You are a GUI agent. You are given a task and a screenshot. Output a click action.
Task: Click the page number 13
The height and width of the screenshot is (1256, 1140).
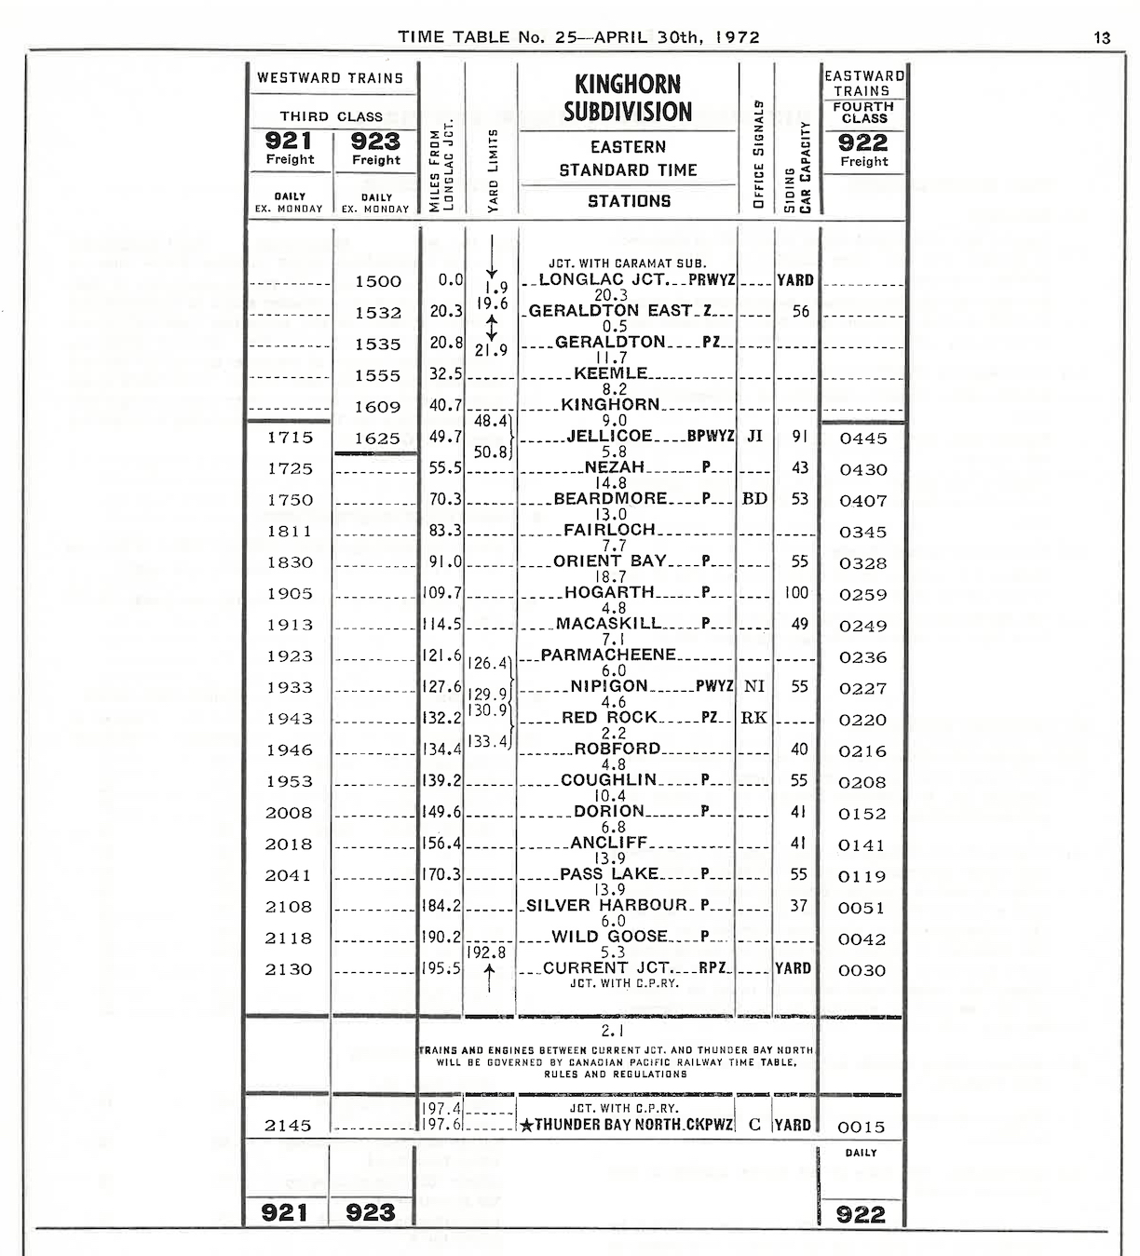(x=1103, y=38)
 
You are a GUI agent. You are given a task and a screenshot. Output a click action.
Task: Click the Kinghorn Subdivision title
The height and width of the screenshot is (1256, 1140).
(x=628, y=98)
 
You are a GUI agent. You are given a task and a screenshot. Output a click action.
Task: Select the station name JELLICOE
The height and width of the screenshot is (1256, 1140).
(x=610, y=436)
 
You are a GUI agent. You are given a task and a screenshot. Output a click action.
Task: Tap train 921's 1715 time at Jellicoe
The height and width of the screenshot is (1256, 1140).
(x=290, y=438)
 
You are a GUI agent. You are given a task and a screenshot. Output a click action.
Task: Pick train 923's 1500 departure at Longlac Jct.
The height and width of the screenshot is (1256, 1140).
(x=378, y=281)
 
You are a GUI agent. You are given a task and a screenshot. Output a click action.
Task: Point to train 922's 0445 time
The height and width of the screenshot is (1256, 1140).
(x=863, y=439)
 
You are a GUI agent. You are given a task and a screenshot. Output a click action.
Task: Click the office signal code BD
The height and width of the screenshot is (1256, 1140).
(x=754, y=499)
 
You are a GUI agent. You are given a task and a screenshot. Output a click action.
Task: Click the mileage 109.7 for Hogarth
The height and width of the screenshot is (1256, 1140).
(x=442, y=593)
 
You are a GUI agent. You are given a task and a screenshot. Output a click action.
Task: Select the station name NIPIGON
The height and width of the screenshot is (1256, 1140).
(x=609, y=686)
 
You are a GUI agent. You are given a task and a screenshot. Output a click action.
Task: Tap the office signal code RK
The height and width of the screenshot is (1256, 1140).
(x=754, y=718)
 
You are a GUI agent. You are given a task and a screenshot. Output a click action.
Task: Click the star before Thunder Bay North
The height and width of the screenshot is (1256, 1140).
(x=527, y=1126)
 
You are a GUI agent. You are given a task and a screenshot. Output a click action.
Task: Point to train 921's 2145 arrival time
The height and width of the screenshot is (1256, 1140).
(x=288, y=1126)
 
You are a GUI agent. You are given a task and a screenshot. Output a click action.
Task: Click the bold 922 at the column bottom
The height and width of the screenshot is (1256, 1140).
(x=862, y=1214)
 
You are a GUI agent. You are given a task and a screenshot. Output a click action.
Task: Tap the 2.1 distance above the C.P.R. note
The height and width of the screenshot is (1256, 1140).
(x=612, y=1031)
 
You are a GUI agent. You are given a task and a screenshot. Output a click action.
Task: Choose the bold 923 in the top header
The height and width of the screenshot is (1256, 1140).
(x=376, y=141)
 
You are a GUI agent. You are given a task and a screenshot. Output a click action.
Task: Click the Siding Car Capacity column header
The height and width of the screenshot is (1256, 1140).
(x=797, y=168)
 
